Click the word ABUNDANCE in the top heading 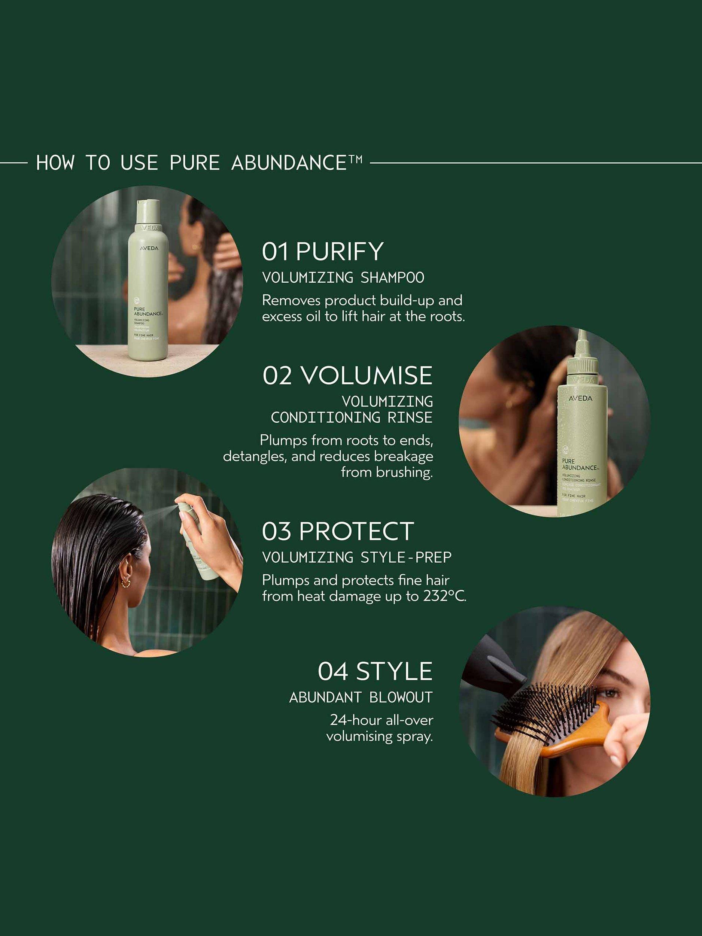pyautogui.click(x=289, y=163)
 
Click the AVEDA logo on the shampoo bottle pyautogui.click(x=149, y=248)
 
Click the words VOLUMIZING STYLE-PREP pyautogui.click(x=357, y=557)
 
